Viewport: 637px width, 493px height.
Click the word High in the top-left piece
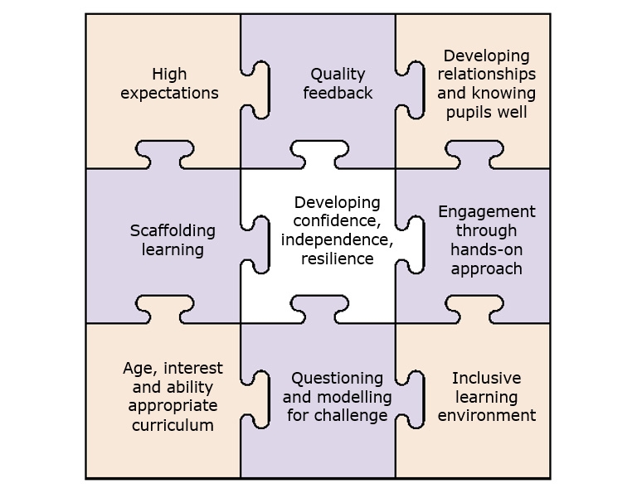point(169,75)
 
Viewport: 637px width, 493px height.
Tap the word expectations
point(169,93)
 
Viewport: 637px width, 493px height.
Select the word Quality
point(338,75)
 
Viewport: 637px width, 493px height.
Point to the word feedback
point(338,93)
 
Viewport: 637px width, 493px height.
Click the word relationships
point(486,75)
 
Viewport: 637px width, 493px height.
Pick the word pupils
point(469,111)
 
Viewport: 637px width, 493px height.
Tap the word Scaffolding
point(173,230)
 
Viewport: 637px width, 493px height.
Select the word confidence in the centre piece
point(337,221)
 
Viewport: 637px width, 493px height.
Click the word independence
point(337,240)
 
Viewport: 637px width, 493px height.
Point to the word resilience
point(337,259)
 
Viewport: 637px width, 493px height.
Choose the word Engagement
point(487,212)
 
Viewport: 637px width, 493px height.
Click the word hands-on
point(487,249)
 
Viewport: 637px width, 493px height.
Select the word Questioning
point(338,378)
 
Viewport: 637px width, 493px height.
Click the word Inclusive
point(486,378)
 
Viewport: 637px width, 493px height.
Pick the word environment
point(486,415)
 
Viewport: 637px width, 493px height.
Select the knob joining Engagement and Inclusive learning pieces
point(473,307)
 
